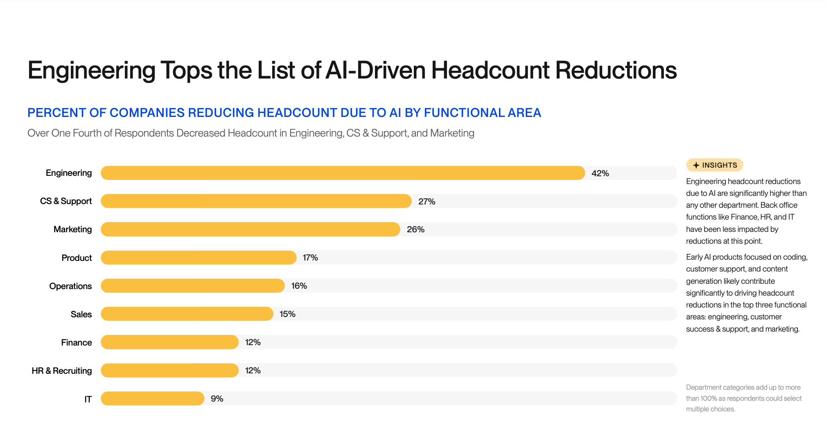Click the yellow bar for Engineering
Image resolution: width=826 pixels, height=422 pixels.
click(x=343, y=173)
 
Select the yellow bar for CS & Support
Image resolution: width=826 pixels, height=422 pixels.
click(x=256, y=201)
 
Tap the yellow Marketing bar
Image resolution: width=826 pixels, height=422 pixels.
click(x=250, y=229)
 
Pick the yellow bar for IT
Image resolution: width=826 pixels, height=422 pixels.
click(x=152, y=399)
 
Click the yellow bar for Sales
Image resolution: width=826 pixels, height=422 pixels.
click(x=187, y=314)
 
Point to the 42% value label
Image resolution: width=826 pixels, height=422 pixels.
click(x=600, y=173)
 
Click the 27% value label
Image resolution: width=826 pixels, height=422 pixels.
click(x=427, y=202)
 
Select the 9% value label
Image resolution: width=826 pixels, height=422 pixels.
click(x=217, y=399)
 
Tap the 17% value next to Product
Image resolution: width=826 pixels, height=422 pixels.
click(x=310, y=258)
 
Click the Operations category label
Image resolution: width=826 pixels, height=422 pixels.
click(x=70, y=286)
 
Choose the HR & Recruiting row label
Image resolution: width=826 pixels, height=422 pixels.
click(x=62, y=371)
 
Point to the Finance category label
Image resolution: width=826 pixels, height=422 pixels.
click(x=77, y=343)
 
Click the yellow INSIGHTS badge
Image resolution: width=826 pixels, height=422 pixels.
click(x=715, y=165)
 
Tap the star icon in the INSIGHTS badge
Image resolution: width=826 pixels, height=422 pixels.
click(x=696, y=165)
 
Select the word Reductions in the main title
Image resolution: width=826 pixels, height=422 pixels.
click(x=616, y=70)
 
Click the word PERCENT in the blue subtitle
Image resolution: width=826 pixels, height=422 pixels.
click(x=56, y=113)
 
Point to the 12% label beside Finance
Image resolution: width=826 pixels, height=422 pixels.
click(x=253, y=342)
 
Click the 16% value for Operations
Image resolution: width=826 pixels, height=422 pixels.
click(x=299, y=286)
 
